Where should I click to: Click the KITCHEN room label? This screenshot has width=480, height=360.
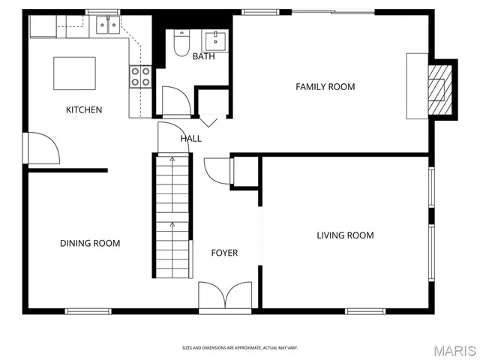click(84, 110)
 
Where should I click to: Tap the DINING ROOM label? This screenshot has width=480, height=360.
click(90, 243)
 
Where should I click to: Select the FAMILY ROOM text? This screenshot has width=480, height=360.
click(325, 87)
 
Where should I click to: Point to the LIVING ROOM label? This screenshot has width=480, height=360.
click(345, 235)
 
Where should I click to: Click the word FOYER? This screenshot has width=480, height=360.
click(224, 253)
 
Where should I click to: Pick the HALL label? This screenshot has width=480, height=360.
click(190, 139)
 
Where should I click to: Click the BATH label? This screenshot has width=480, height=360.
click(203, 57)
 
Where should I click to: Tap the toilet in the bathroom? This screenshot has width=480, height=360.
click(181, 44)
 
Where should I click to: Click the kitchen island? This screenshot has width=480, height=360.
click(74, 73)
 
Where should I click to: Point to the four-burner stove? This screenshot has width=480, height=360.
click(140, 76)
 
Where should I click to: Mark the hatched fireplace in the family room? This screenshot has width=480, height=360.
click(439, 88)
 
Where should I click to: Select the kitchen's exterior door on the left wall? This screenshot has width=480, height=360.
click(42, 148)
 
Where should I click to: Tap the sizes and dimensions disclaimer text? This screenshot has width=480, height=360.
click(240, 347)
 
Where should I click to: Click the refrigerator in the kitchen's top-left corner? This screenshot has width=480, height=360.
click(43, 27)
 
